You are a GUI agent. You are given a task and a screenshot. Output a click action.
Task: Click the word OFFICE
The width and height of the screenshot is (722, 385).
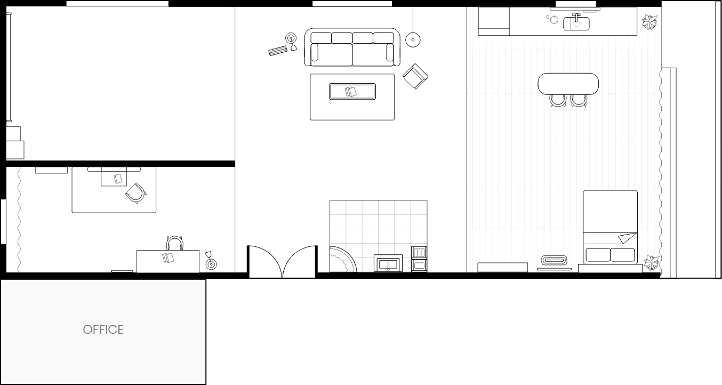click(x=103, y=330)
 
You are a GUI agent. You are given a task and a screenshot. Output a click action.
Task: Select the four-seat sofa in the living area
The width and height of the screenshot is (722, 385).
click(x=352, y=47)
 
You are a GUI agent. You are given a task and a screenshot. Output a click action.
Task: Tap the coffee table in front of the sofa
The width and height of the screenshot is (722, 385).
click(x=352, y=92)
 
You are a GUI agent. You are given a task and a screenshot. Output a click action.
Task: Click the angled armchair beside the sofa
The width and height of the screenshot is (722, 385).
click(x=415, y=76)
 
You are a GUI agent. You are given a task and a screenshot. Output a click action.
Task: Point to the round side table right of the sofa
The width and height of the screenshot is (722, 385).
click(x=413, y=39)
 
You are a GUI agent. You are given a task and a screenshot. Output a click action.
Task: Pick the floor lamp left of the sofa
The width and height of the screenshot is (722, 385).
click(x=291, y=42)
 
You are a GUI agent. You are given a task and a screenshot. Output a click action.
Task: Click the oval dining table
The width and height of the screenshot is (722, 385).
click(x=568, y=84)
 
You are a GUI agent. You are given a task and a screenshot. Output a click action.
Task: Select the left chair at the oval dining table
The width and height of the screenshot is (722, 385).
click(x=558, y=100)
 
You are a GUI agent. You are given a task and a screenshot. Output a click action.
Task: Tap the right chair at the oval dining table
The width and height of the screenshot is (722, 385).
click(x=579, y=100)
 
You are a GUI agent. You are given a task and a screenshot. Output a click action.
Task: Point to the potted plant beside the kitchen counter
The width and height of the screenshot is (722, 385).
click(x=649, y=22)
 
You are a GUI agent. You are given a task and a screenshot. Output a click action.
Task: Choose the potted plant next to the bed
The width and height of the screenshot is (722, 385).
click(x=652, y=263)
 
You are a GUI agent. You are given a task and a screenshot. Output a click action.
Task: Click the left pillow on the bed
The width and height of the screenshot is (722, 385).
click(x=598, y=255)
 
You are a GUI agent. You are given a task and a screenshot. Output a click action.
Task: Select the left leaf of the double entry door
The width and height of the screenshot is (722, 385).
click(x=266, y=261)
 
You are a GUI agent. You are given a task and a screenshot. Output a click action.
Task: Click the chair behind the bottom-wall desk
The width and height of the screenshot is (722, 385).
click(x=175, y=243)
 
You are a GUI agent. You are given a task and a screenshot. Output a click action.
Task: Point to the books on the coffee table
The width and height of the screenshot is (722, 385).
click(x=351, y=91)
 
